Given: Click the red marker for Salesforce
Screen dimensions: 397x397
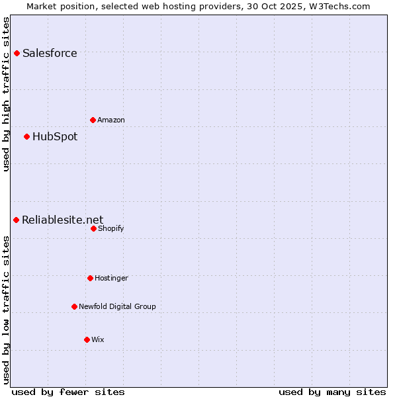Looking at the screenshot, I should [x=17, y=53].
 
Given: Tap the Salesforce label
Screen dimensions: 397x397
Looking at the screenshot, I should [x=50, y=54].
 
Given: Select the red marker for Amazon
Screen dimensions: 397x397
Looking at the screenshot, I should [x=93, y=120].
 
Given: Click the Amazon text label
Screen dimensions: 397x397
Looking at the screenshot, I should [x=111, y=120].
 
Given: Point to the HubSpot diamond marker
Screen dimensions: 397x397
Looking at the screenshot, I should [x=26, y=136].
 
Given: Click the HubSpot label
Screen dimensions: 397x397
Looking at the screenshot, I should [x=55, y=137].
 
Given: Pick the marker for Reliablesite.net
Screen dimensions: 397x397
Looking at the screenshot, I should [x=16, y=220].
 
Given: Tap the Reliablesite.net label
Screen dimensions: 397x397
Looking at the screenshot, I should [x=63, y=220].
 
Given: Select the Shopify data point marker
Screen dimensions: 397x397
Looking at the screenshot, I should [x=93, y=228].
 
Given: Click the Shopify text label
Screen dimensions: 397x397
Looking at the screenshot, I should [x=110, y=228].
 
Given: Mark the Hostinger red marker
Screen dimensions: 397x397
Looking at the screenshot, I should [x=90, y=278].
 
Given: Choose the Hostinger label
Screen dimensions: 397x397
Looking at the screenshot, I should [x=111, y=278].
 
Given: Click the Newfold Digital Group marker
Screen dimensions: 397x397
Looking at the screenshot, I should [x=74, y=306].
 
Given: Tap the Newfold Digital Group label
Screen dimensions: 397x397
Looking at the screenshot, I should [x=117, y=306].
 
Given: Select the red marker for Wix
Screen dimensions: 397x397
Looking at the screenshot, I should [x=87, y=339].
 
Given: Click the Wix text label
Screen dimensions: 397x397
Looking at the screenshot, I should [x=98, y=339].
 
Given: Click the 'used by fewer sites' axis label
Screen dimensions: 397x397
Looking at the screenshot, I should [x=68, y=392].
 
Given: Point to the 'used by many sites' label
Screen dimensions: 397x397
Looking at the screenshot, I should [x=332, y=392].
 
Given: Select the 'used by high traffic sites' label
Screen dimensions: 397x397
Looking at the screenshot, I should [x=7, y=94].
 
